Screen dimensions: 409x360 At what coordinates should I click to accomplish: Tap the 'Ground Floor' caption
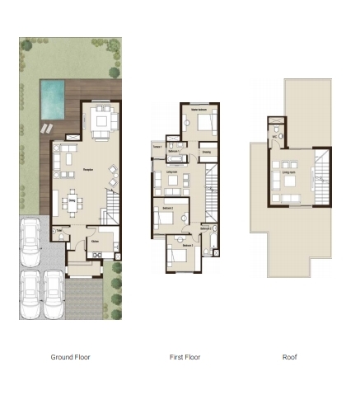70,357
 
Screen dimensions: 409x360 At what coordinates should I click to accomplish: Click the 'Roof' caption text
289,357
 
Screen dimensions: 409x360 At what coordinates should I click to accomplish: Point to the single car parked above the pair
30,239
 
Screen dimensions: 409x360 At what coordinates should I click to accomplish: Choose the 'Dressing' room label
206,153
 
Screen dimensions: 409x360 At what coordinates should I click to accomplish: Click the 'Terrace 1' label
157,147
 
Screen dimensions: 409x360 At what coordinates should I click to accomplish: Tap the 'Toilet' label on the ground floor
59,232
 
